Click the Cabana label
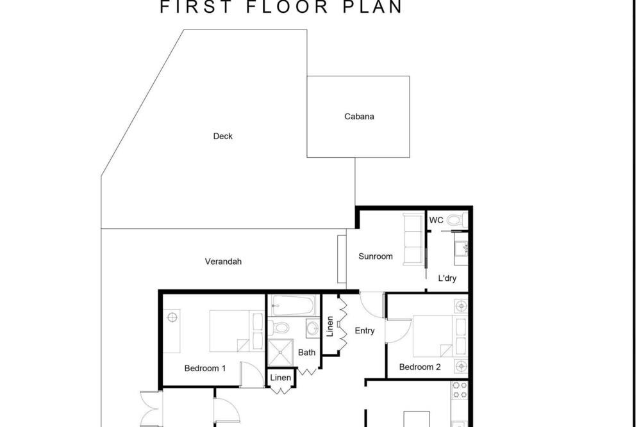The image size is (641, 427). (359, 117)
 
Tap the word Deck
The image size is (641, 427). (223, 136)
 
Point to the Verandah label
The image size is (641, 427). (223, 262)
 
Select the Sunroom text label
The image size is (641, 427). (375, 256)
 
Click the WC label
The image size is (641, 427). (436, 220)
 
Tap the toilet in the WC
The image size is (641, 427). (456, 221)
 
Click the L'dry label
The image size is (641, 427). (447, 278)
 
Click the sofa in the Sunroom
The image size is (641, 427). (413, 239)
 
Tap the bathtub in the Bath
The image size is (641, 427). (293, 305)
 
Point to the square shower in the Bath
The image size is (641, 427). (281, 353)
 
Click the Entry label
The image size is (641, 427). (365, 330)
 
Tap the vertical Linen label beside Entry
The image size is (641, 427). (330, 326)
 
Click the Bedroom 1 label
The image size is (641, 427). (205, 368)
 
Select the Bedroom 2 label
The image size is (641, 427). (420, 367)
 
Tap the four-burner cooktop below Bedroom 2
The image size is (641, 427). (460, 390)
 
